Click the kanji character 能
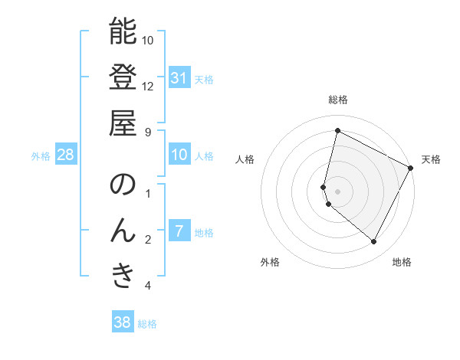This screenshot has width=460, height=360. (123, 31)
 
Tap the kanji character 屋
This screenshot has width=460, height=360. (123, 122)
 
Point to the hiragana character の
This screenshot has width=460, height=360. (123, 185)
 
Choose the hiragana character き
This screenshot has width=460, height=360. (123, 275)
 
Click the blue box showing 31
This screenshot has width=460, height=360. (179, 78)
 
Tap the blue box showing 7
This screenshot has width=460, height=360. (179, 231)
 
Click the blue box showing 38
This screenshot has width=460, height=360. (122, 322)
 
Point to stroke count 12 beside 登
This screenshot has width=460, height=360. (148, 86)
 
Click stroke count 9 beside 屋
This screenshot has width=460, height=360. (148, 131)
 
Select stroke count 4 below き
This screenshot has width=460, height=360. (148, 286)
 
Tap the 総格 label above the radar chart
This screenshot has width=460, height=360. (338, 100)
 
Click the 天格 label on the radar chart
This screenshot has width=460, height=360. (431, 159)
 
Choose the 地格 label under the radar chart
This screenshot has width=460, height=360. (402, 262)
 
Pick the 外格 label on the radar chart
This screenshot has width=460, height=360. (270, 262)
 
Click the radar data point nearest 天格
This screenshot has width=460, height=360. (411, 169)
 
